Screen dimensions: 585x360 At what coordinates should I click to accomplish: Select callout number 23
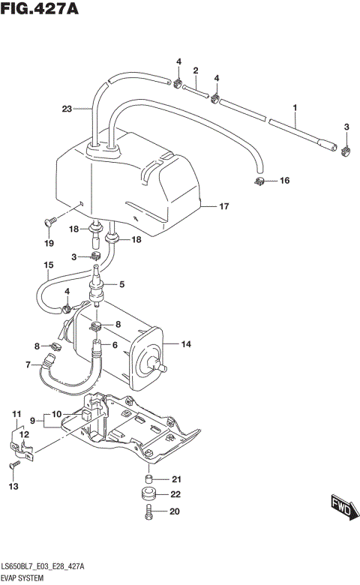coord(67,109)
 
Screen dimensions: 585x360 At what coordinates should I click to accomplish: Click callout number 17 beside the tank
coord(223,205)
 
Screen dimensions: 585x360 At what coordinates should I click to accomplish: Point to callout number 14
coord(187,344)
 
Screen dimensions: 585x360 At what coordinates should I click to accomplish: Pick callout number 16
coord(283,181)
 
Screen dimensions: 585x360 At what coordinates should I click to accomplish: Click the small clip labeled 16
coord(259,181)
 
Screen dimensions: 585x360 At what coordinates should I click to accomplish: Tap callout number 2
coord(195,70)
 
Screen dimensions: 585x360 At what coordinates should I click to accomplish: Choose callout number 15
coord(49,265)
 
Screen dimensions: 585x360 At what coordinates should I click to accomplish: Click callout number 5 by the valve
coord(121,284)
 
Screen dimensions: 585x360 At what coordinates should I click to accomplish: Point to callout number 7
coord(28,365)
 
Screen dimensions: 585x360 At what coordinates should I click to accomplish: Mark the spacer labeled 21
coord(149,479)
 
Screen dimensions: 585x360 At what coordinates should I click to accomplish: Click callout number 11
coord(15,414)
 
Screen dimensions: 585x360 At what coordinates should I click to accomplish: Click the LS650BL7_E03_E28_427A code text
coord(42,567)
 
